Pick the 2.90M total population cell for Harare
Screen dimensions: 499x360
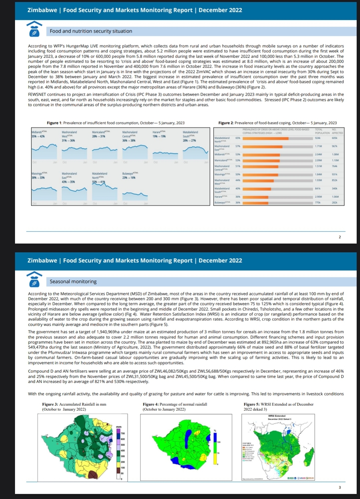(x=318, y=197)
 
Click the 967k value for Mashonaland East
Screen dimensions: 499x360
(x=334, y=146)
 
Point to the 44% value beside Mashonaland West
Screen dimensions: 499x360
(x=238, y=180)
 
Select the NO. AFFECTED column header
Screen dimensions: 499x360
(x=337, y=131)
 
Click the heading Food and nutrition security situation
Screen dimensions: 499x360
(x=91, y=31)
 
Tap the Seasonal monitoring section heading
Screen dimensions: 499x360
(x=73, y=282)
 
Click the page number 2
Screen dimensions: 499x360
(x=340, y=237)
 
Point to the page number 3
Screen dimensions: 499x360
(x=340, y=487)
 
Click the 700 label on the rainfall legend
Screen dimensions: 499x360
(x=122, y=433)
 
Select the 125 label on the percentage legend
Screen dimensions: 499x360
(x=219, y=442)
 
